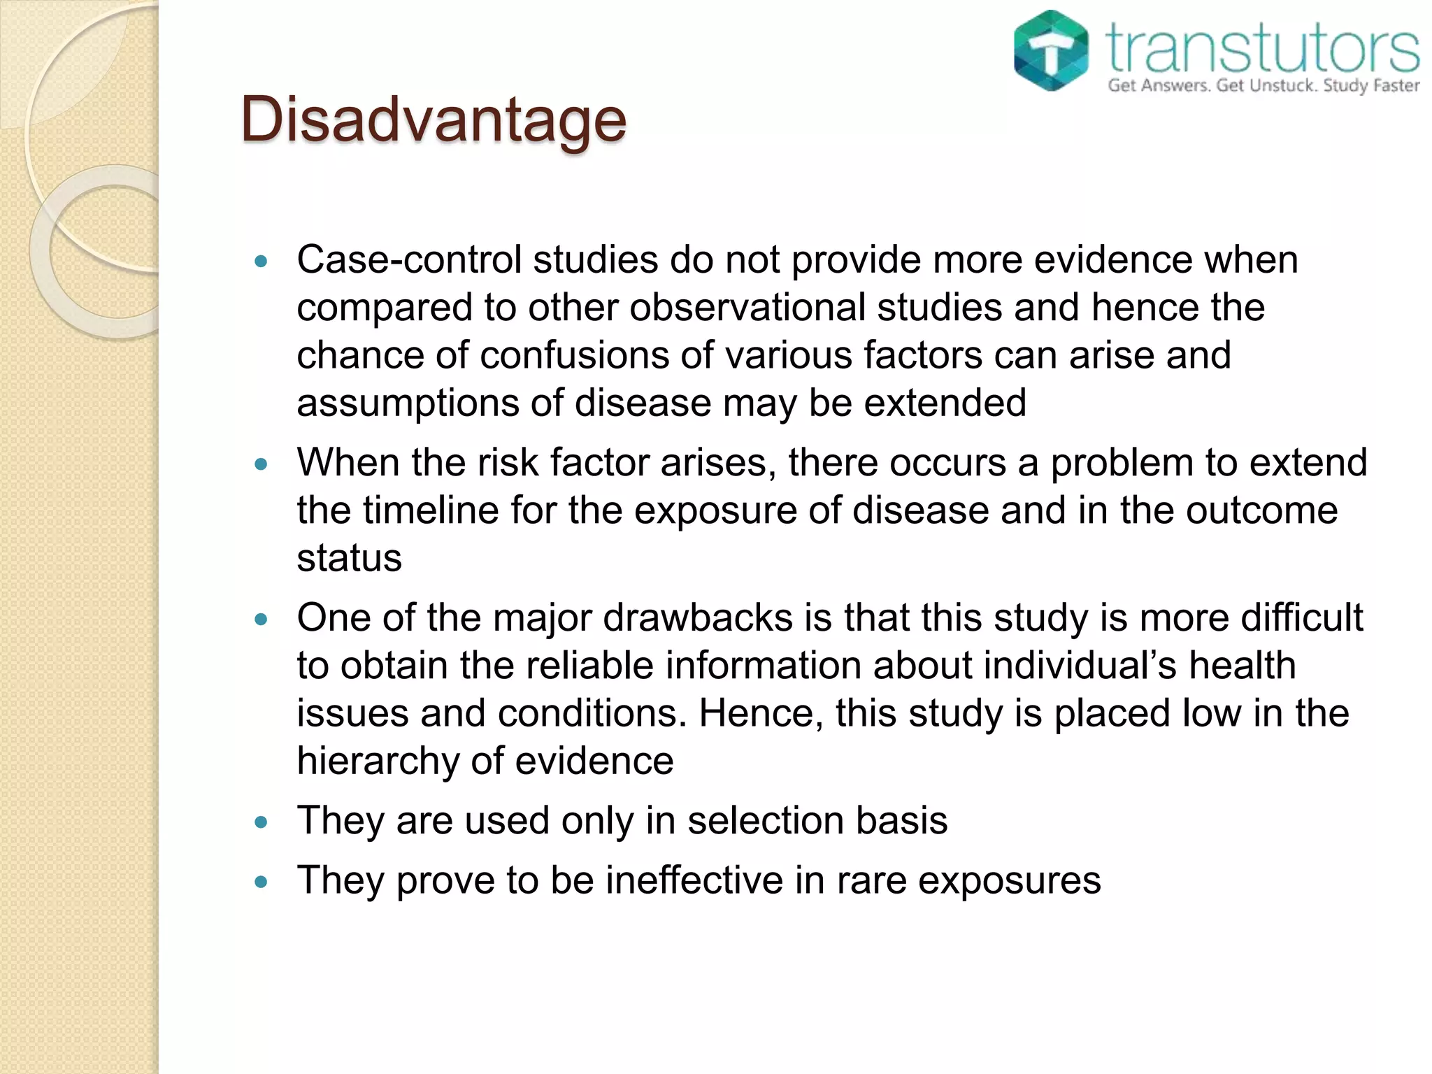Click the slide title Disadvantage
[x=433, y=120]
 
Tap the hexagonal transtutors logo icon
[x=1051, y=50]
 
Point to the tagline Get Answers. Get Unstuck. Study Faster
[x=1263, y=86]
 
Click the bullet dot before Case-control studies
[x=262, y=262]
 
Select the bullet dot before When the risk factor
[x=262, y=464]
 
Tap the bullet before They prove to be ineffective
[x=262, y=882]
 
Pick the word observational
[x=747, y=308]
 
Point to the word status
[x=349, y=558]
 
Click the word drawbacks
[x=698, y=618]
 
